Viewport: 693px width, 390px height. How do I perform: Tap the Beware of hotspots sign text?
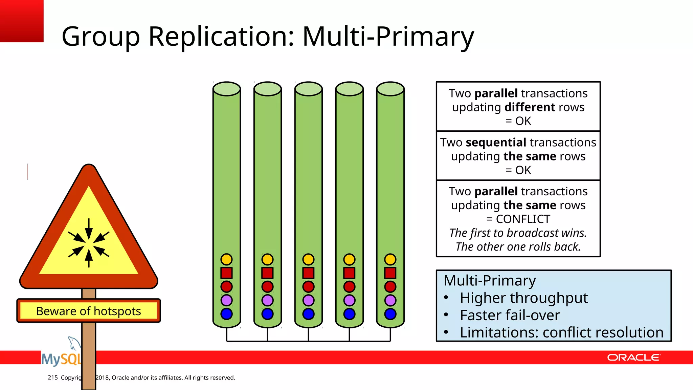pos(88,311)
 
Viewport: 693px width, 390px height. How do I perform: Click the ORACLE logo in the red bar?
pos(633,357)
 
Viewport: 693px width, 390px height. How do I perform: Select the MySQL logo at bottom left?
pos(61,358)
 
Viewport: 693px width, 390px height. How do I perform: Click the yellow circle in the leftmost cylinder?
pos(226,259)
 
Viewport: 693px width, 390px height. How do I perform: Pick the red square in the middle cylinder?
pos(308,273)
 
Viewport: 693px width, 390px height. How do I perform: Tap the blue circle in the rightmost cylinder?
pos(390,314)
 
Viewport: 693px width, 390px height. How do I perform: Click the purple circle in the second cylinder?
pos(267,300)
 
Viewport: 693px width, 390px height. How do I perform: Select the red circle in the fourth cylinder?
pos(349,286)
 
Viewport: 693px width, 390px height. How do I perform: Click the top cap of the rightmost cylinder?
pos(390,89)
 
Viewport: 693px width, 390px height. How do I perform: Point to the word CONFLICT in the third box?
pos(523,219)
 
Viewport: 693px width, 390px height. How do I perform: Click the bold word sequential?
pos(496,143)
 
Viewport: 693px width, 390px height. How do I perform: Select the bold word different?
pos(530,107)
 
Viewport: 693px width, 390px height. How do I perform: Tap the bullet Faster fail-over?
pos(510,315)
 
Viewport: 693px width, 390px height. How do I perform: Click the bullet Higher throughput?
pos(523,298)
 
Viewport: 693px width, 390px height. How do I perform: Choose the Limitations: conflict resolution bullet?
pos(561,332)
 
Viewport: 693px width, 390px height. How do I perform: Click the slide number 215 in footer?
pos(52,377)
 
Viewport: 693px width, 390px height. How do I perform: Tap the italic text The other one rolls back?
pos(518,247)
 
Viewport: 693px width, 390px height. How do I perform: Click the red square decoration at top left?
pos(22,21)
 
